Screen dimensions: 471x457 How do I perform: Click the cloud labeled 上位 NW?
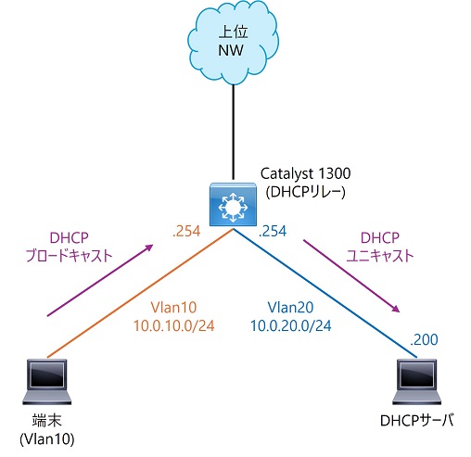click(x=233, y=43)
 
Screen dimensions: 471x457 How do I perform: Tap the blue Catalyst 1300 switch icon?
click(x=233, y=204)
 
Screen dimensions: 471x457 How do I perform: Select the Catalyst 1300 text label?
click(x=305, y=174)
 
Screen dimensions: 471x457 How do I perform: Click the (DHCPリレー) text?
click(x=305, y=193)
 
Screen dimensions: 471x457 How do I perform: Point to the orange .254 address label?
click(x=186, y=231)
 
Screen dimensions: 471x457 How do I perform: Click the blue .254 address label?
click(x=273, y=231)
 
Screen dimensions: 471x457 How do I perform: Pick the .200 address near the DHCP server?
click(x=424, y=339)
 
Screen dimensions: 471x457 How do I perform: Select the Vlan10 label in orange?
click(x=173, y=308)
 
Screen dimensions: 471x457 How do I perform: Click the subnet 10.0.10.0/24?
click(x=173, y=326)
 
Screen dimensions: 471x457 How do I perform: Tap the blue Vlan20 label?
click(x=290, y=308)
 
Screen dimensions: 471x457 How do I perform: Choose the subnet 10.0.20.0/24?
click(x=290, y=326)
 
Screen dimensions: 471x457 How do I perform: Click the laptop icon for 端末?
click(x=47, y=382)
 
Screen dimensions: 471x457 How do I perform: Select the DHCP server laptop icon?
click(x=417, y=382)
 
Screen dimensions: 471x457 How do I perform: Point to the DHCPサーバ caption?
click(x=417, y=421)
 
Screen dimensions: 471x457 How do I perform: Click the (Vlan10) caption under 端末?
click(x=47, y=439)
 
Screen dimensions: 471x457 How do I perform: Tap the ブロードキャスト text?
click(x=69, y=256)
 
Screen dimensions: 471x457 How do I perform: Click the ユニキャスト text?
click(x=380, y=256)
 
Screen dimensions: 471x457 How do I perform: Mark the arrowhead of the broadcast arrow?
click(x=149, y=248)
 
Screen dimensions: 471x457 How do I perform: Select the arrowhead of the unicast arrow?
click(x=396, y=309)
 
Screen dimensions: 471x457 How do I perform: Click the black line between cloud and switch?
click(x=233, y=132)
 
